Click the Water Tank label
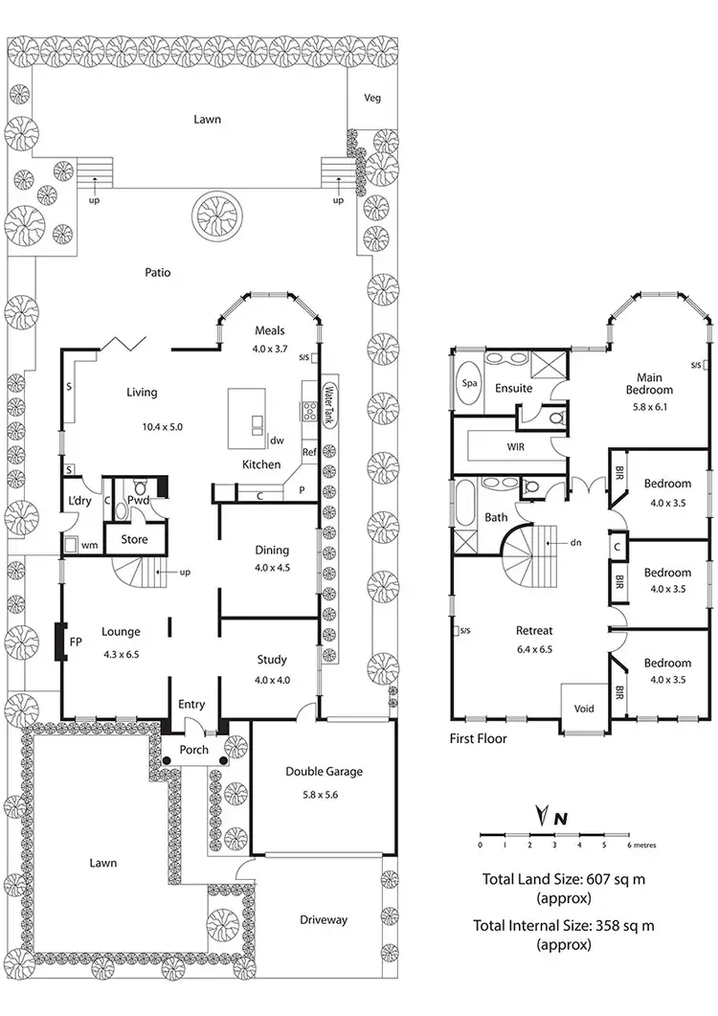[x=327, y=406]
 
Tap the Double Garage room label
[x=325, y=772]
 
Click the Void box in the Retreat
[x=582, y=709]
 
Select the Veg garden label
[x=372, y=99]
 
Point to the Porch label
[x=195, y=750]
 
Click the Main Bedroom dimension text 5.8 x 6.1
[x=649, y=407]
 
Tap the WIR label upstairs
[x=514, y=447]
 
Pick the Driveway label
[x=323, y=920]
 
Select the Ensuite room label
[x=513, y=389]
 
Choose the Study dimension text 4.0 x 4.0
[x=273, y=681]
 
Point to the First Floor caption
[x=478, y=738]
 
